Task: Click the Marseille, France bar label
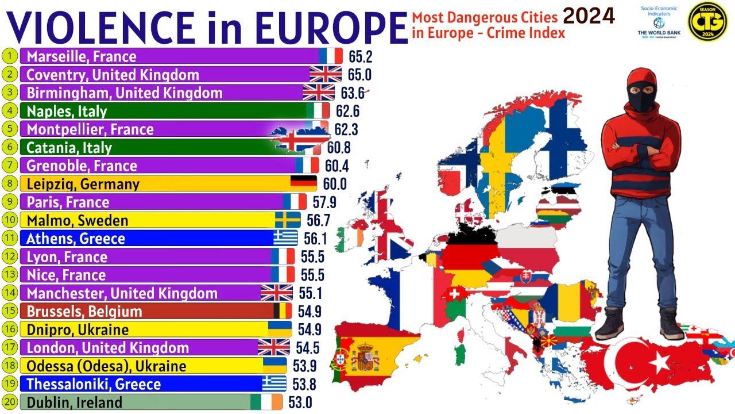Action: tap(81, 56)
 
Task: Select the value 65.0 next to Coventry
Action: tap(359, 75)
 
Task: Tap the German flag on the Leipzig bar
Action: tap(303, 184)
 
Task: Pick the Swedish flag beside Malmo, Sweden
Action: tap(287, 220)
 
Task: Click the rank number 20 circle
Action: tap(10, 402)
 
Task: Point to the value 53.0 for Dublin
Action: tap(300, 402)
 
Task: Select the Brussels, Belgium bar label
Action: tap(84, 312)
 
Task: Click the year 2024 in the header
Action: tap(588, 16)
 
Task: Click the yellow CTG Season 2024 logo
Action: tap(709, 22)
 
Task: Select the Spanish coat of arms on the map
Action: tap(366, 358)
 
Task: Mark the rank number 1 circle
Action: tap(10, 56)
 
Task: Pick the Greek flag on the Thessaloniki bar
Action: tap(274, 384)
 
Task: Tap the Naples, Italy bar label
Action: tap(67, 111)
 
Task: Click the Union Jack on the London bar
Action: tap(273, 348)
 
